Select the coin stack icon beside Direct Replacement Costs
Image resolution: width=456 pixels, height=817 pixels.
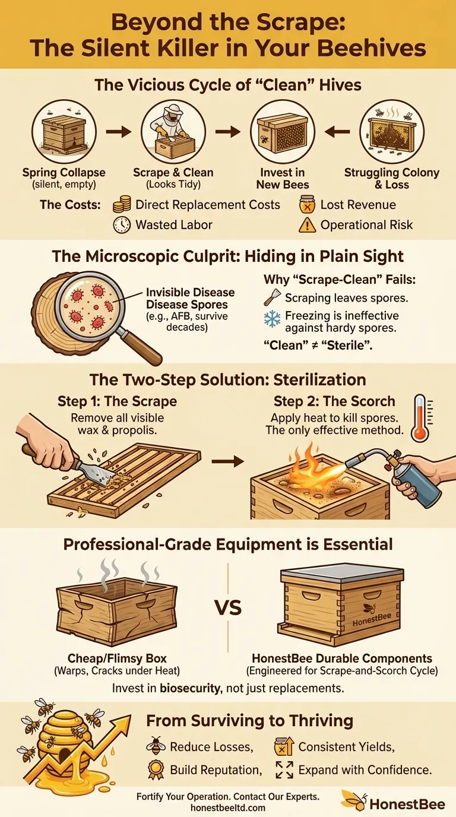coord(122,205)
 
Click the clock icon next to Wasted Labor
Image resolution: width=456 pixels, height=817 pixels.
coord(122,225)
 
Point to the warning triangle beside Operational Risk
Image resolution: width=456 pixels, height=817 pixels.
coord(307,225)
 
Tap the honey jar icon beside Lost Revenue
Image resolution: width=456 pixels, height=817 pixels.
coord(307,205)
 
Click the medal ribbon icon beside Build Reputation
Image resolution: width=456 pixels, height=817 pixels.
coord(155,769)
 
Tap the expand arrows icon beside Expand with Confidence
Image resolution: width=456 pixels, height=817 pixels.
coord(285,769)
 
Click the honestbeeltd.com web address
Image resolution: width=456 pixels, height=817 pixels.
coord(227,807)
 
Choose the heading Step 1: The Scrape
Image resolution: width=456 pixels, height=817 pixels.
coord(117,401)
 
